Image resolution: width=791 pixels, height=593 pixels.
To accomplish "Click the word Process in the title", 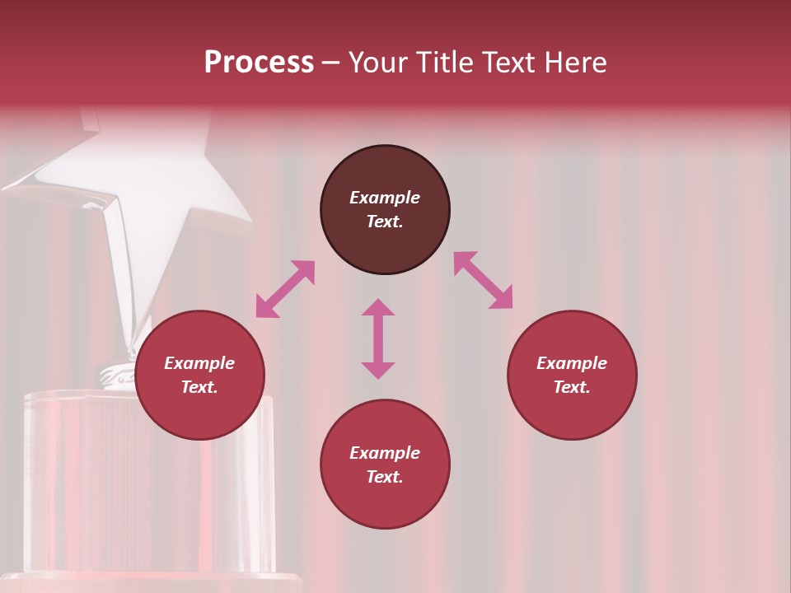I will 259,63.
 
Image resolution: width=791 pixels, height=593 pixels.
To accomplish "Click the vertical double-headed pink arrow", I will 378,339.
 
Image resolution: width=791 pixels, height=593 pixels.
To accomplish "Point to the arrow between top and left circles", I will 285,289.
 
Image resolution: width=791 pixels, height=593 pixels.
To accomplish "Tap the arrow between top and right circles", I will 483,280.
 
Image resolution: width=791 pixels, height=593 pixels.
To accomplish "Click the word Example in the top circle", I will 385,198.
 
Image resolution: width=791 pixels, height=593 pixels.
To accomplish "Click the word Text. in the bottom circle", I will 385,477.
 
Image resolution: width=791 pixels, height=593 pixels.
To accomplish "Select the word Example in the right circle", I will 572,363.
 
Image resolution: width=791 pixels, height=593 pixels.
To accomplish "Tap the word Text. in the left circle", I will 199,387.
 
